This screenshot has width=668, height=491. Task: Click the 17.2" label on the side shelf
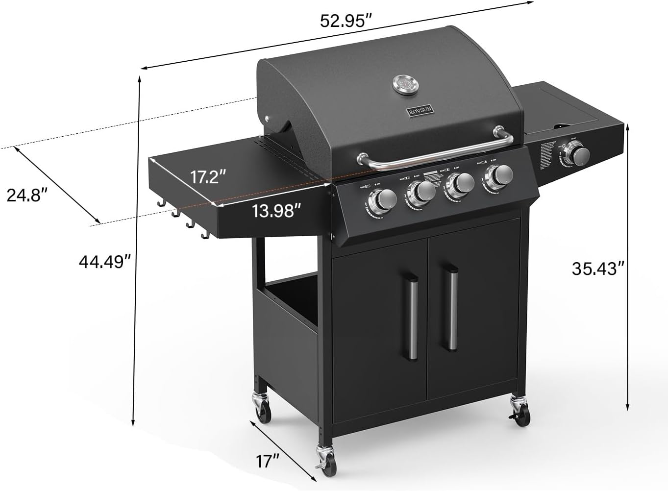tap(208, 177)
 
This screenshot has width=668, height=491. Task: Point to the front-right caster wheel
tap(520, 411)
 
